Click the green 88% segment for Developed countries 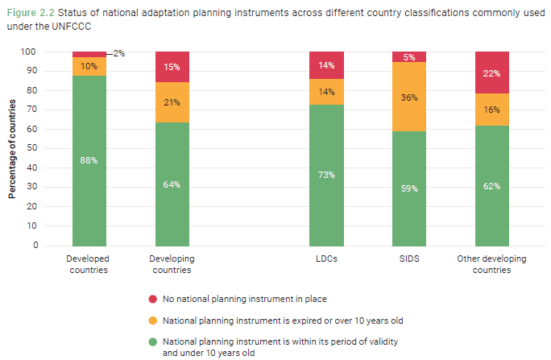coord(89,160)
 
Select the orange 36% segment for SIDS coord(409,97)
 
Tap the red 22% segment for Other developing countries coord(491,73)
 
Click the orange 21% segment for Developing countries coord(172,102)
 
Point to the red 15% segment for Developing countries coord(172,67)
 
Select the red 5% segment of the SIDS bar coord(409,57)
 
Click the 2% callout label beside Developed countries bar coord(118,53)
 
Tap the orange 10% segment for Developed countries coord(89,66)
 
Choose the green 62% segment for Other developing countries coord(491,185)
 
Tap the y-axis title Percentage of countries coord(12,148)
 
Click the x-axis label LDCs coord(326,259)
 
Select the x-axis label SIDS coord(409,259)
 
